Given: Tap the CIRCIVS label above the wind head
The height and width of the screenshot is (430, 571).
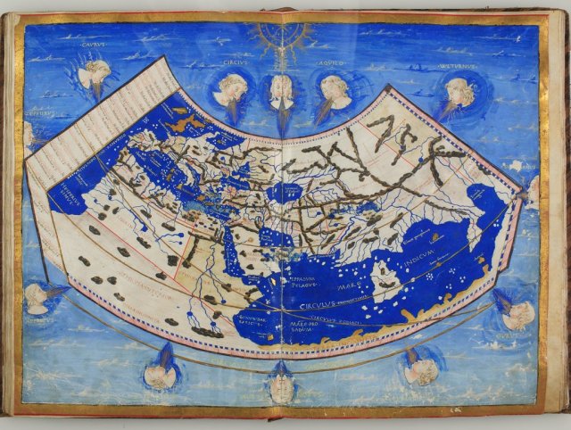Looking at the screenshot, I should pos(231,65).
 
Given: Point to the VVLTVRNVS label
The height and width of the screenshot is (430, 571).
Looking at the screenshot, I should pos(458,65).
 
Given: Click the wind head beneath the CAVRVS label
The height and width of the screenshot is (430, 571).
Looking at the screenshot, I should pos(94,74).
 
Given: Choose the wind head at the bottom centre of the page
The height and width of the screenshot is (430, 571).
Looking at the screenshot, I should pos(282,385).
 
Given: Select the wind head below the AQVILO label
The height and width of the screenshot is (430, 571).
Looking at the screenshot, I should pos(334,91).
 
